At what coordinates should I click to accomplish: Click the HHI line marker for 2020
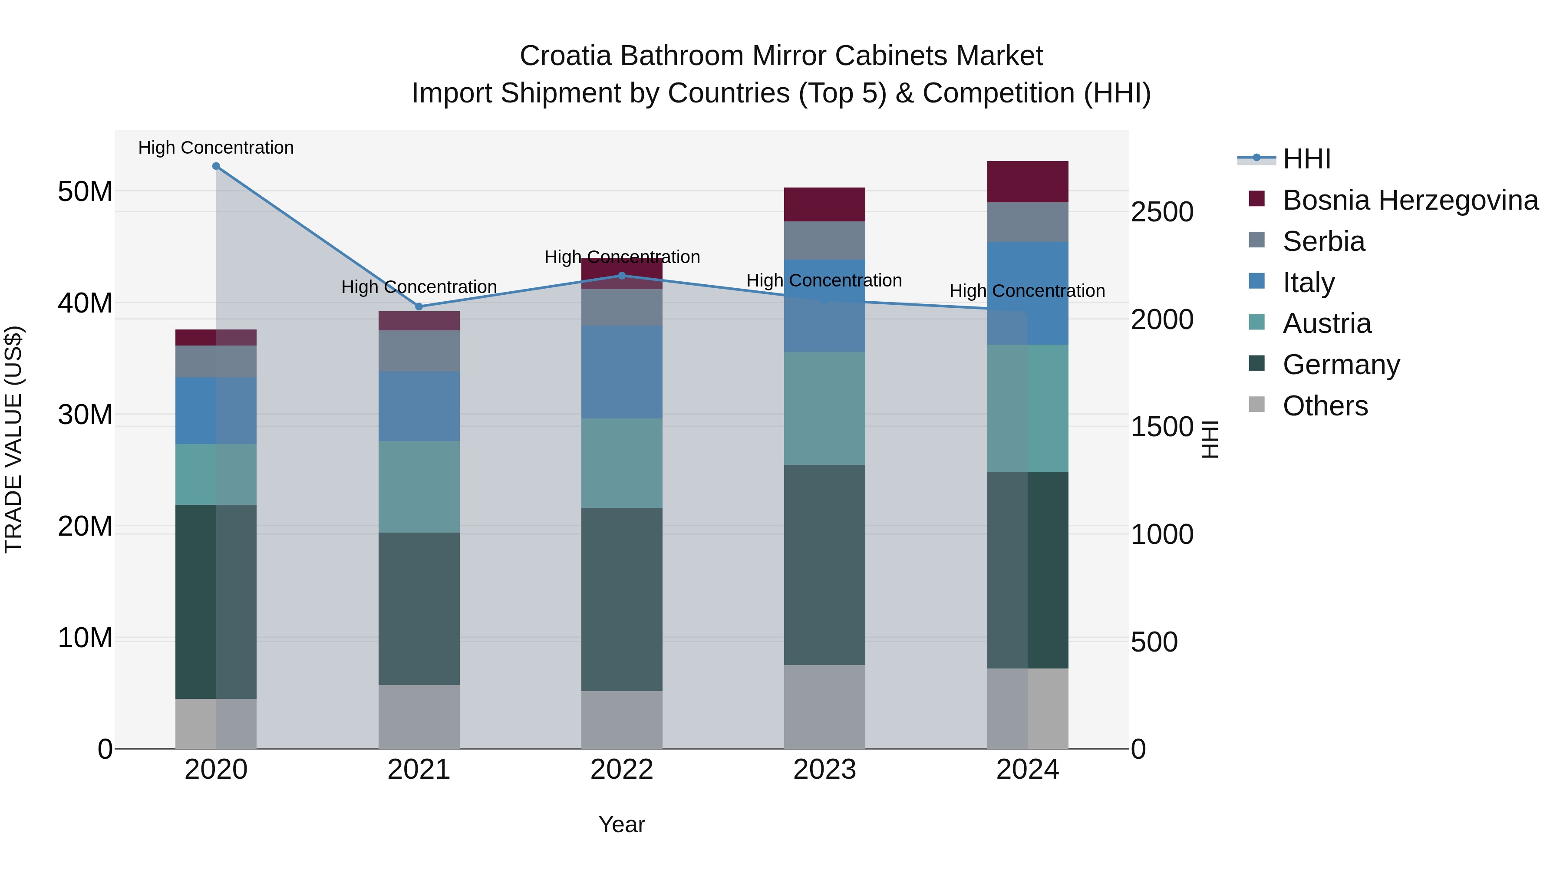click(216, 166)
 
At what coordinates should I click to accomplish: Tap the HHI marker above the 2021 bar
click(419, 306)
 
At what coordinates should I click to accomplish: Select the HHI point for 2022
click(621, 275)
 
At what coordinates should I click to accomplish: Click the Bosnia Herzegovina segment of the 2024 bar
click(1027, 181)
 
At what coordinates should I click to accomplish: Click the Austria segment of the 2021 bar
click(419, 487)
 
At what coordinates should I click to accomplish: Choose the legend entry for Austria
click(1326, 323)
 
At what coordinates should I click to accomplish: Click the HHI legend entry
click(1306, 159)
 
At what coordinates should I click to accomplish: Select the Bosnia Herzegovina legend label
click(1410, 200)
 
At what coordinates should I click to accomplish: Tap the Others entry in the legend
click(1325, 406)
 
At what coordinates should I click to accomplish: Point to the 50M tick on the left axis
click(85, 192)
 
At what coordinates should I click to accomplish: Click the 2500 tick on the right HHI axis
click(1161, 212)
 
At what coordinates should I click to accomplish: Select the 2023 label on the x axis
click(824, 770)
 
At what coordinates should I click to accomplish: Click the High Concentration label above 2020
click(216, 148)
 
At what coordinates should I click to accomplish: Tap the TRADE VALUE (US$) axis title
click(13, 439)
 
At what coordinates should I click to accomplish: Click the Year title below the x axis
click(621, 824)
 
